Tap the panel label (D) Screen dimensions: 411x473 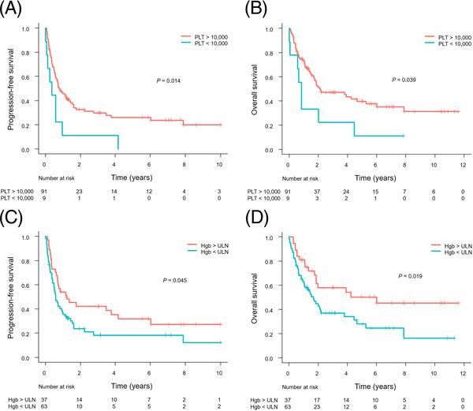[x=255, y=217]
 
